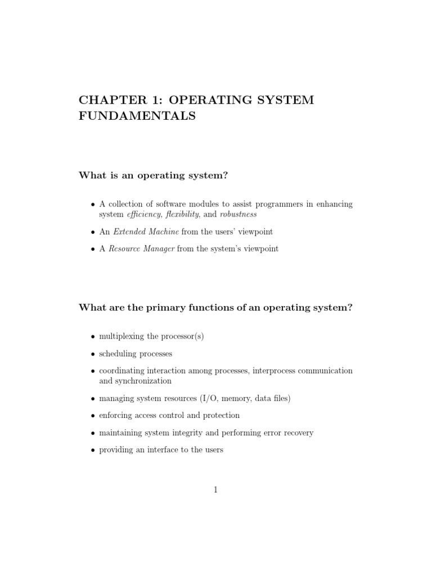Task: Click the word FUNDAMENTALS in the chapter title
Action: click(x=137, y=116)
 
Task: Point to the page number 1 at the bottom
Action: click(x=215, y=490)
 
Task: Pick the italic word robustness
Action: click(x=238, y=214)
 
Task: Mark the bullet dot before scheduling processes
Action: click(x=93, y=354)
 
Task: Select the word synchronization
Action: click(x=143, y=381)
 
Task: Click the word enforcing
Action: click(x=116, y=415)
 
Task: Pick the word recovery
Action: click(x=297, y=433)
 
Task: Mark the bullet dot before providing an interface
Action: click(x=93, y=450)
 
